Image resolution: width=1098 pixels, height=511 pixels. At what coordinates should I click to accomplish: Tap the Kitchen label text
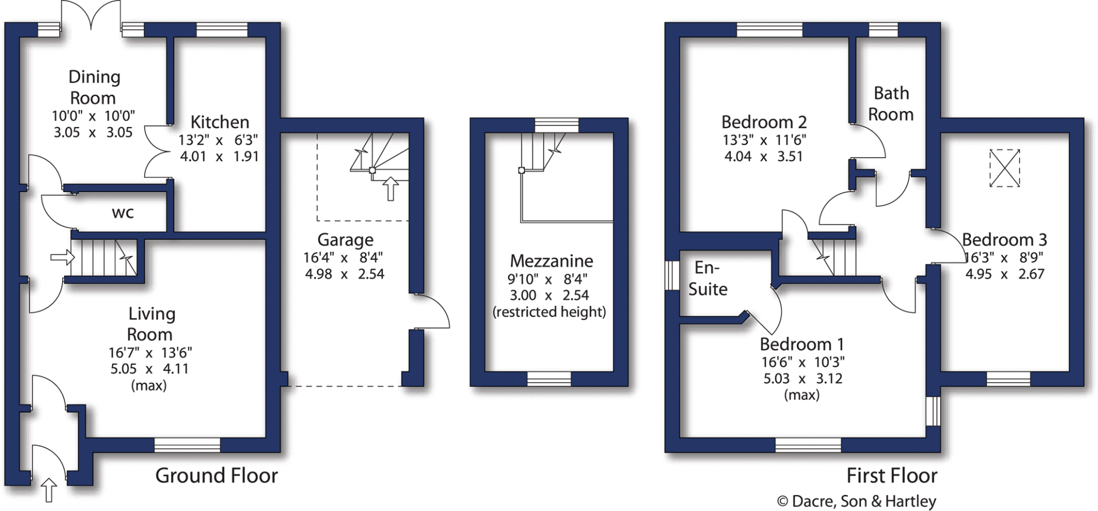pyautogui.click(x=219, y=122)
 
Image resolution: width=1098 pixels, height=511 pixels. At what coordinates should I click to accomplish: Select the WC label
pyautogui.click(x=123, y=213)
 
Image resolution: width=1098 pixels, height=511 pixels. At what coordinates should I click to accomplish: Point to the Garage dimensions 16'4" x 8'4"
pyautogui.click(x=343, y=258)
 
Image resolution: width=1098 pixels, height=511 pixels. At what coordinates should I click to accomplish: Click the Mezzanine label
pyautogui.click(x=551, y=261)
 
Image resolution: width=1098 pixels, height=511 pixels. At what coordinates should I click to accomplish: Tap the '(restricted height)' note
pyautogui.click(x=549, y=312)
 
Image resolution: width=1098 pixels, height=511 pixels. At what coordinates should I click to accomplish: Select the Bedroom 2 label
pyautogui.click(x=763, y=122)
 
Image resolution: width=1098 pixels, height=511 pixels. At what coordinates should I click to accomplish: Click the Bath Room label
pyautogui.click(x=891, y=103)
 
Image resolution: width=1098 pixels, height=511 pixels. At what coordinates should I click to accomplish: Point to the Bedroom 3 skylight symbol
pyautogui.click(x=1004, y=168)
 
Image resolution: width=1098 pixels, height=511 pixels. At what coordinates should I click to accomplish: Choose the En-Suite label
pyautogui.click(x=708, y=278)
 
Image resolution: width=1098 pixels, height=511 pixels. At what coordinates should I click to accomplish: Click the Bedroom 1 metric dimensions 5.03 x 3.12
pyautogui.click(x=803, y=379)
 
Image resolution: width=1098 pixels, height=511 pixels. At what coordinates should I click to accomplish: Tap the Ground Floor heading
pyautogui.click(x=217, y=476)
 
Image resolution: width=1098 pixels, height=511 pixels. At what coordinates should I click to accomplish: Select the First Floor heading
pyautogui.click(x=892, y=476)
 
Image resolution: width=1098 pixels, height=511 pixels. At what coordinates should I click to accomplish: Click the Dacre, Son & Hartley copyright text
pyautogui.click(x=856, y=501)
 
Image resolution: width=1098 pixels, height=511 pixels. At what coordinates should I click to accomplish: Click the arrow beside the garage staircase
pyautogui.click(x=391, y=189)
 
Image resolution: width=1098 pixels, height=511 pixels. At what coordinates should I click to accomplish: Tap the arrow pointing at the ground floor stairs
pyautogui.click(x=62, y=257)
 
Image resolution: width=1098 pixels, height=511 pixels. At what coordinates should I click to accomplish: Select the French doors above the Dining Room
pyautogui.click(x=91, y=16)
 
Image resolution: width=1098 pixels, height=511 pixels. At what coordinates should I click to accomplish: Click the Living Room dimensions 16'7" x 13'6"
pyautogui.click(x=150, y=353)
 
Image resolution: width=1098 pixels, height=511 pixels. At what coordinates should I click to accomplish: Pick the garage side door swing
pyautogui.click(x=432, y=311)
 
